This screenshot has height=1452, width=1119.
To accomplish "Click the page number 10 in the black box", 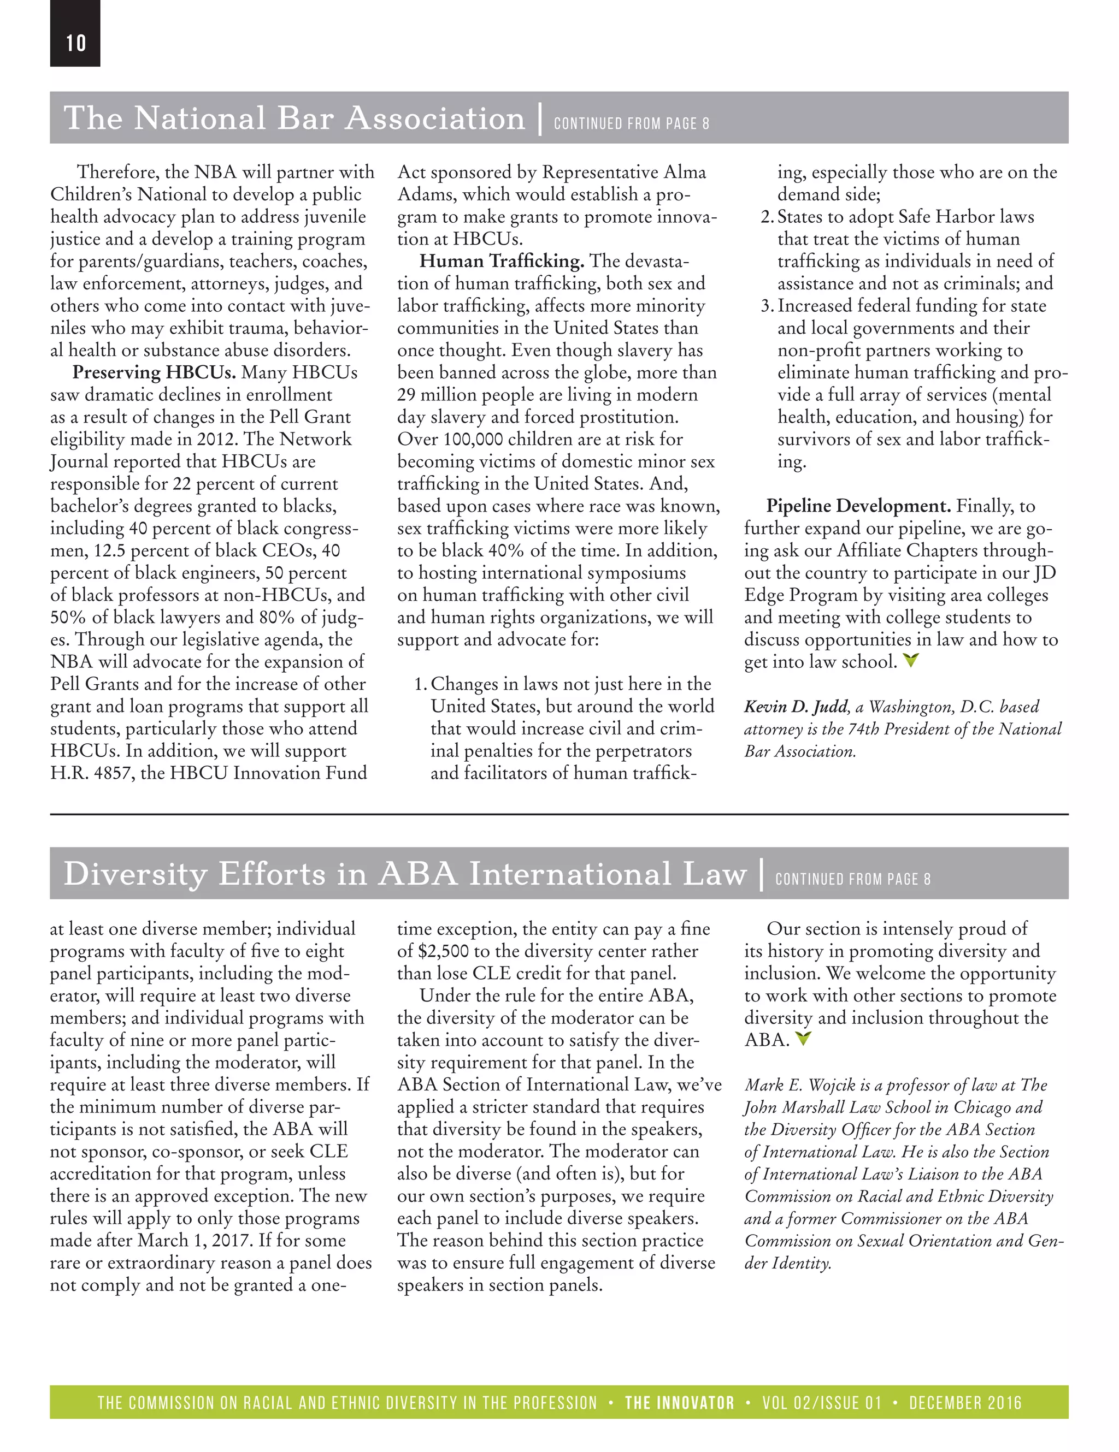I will tap(76, 43).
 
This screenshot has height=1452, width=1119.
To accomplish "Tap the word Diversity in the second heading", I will tap(135, 874).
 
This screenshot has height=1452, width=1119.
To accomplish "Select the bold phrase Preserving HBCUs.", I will tap(154, 372).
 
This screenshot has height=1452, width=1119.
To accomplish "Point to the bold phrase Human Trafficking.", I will tap(502, 261).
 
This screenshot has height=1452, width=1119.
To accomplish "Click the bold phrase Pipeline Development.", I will tap(858, 506).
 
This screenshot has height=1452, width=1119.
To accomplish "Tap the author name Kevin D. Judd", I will tap(796, 707).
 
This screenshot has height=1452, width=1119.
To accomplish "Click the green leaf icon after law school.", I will tap(911, 661).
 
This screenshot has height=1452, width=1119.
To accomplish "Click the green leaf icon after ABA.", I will tap(804, 1039).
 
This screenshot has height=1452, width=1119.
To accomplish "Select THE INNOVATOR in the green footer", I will tap(679, 1403).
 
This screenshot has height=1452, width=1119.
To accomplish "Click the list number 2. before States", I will tap(767, 217).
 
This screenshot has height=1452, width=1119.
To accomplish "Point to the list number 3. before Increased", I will tap(767, 306).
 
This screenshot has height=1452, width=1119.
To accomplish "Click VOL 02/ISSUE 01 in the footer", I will tap(822, 1403).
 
